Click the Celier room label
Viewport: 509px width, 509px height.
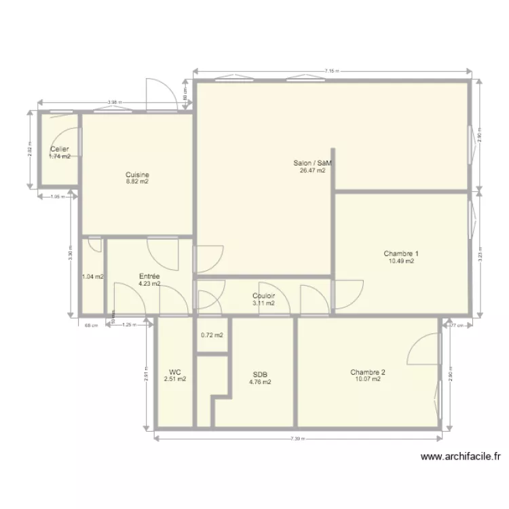pos(60,149)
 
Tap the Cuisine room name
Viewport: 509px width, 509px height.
pos(137,174)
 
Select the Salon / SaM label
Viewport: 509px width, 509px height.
pos(312,163)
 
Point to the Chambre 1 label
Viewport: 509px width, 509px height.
pos(400,253)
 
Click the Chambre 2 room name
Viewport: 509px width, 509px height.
pos(368,372)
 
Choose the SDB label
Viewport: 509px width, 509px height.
pos(260,375)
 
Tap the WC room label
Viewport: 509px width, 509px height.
pos(175,372)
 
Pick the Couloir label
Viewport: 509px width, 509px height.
pos(263,296)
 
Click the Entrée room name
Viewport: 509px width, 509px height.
pos(149,276)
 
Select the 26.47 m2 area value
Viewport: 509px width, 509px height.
pos(312,170)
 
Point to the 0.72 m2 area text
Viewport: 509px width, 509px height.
pos(212,335)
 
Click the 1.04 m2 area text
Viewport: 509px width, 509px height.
pos(92,277)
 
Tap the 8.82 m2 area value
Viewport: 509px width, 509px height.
pos(137,182)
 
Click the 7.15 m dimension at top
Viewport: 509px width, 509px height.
pos(331,70)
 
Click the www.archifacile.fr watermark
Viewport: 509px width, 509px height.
pos(461,457)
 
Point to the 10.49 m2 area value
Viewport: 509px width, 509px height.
pos(400,261)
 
